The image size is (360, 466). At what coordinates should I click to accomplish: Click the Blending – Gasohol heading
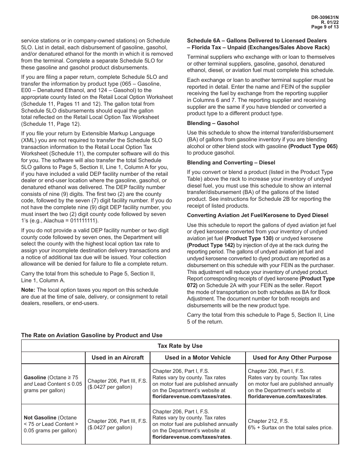(x=213, y=123)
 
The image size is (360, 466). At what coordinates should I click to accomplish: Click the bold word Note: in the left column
(x=28, y=290)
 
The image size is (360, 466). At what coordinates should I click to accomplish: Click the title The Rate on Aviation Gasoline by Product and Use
(x=92, y=335)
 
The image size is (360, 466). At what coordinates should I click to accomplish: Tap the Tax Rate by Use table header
(x=180, y=346)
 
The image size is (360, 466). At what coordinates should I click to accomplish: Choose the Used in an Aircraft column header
(x=117, y=358)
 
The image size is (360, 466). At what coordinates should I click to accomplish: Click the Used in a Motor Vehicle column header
(x=197, y=358)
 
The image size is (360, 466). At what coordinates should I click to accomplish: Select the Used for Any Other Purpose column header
(x=292, y=358)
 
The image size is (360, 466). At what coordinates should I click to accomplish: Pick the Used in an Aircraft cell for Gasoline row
(x=117, y=384)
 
